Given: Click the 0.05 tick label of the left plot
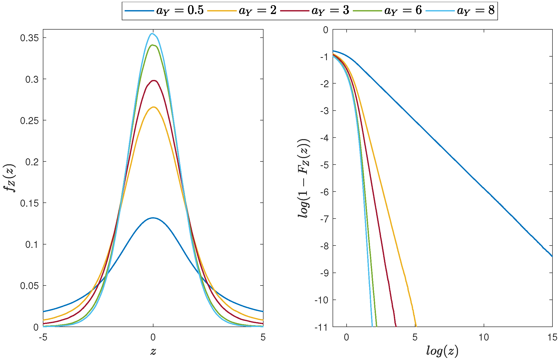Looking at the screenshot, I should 29,286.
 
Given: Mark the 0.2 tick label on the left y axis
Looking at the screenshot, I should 32,162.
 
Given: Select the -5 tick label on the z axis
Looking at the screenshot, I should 43,337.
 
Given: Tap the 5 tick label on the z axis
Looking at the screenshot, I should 263,337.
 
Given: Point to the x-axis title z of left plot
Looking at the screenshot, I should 153,351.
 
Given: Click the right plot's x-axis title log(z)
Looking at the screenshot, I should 442,351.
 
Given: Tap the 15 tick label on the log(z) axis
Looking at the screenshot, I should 552,337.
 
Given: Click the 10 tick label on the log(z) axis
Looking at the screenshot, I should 484,337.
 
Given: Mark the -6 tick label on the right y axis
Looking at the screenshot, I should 324,192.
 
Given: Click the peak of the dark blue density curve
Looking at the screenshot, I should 153,218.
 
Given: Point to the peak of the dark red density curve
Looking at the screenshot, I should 154,80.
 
